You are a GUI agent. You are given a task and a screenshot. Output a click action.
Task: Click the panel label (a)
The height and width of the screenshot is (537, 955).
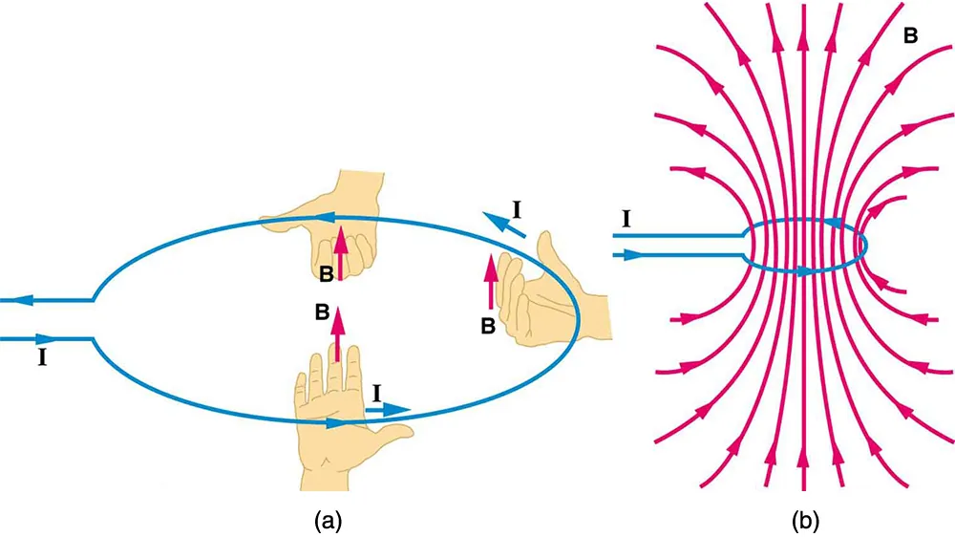click(x=328, y=520)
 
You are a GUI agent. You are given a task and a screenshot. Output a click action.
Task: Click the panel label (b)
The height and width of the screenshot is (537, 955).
click(x=805, y=520)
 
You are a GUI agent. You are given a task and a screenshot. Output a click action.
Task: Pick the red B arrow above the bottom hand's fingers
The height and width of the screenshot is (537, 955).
click(x=336, y=334)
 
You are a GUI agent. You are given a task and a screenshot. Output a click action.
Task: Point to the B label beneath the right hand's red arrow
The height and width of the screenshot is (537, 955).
click(x=487, y=326)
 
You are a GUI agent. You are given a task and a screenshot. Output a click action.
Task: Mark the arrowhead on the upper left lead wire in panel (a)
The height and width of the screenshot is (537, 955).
click(x=30, y=300)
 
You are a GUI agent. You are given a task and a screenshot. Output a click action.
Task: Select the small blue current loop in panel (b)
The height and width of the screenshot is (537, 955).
click(x=807, y=247)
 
